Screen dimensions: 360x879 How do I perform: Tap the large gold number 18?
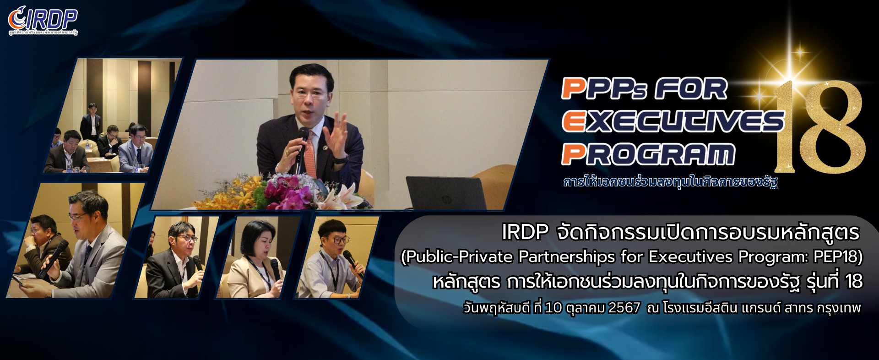point(819,127)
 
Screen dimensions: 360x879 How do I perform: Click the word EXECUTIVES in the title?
point(673,121)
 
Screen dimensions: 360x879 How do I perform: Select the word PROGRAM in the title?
point(648,154)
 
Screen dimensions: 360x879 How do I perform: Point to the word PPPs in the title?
point(604,88)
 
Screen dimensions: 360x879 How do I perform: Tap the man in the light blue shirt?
point(332,261)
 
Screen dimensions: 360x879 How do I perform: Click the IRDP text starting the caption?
point(525,232)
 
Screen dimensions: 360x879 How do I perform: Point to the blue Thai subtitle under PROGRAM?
point(670,182)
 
